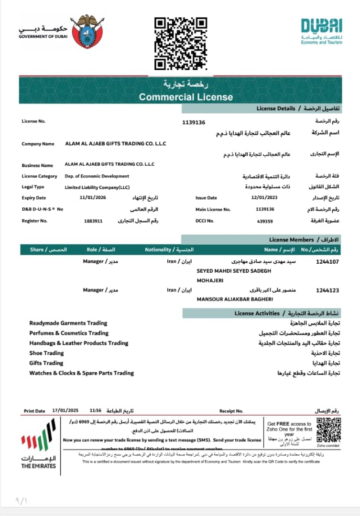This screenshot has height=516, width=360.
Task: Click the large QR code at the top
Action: tap(181, 43)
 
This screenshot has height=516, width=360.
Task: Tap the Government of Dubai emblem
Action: tap(87, 32)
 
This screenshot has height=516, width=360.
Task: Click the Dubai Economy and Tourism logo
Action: tap(321, 31)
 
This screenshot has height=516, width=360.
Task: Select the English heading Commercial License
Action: tap(186, 97)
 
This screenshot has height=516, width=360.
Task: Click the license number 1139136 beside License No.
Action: tap(194, 122)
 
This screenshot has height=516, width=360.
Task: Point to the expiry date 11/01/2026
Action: tap(90, 197)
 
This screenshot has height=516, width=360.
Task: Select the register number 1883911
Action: tap(93, 221)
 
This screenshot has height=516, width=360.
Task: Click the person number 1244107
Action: tap(327, 262)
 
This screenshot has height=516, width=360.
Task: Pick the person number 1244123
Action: tap(327, 290)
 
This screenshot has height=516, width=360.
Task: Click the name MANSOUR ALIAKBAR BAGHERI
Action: tap(235, 299)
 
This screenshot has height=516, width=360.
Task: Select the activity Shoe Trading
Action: tap(46, 353)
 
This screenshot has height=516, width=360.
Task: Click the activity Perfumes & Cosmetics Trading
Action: tap(69, 333)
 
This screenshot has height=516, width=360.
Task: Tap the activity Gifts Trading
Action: tap(46, 363)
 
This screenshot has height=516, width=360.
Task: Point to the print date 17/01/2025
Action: tap(65, 410)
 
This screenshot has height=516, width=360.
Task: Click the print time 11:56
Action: tap(96, 410)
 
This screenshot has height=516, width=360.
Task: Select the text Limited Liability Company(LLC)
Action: tap(97, 187)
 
